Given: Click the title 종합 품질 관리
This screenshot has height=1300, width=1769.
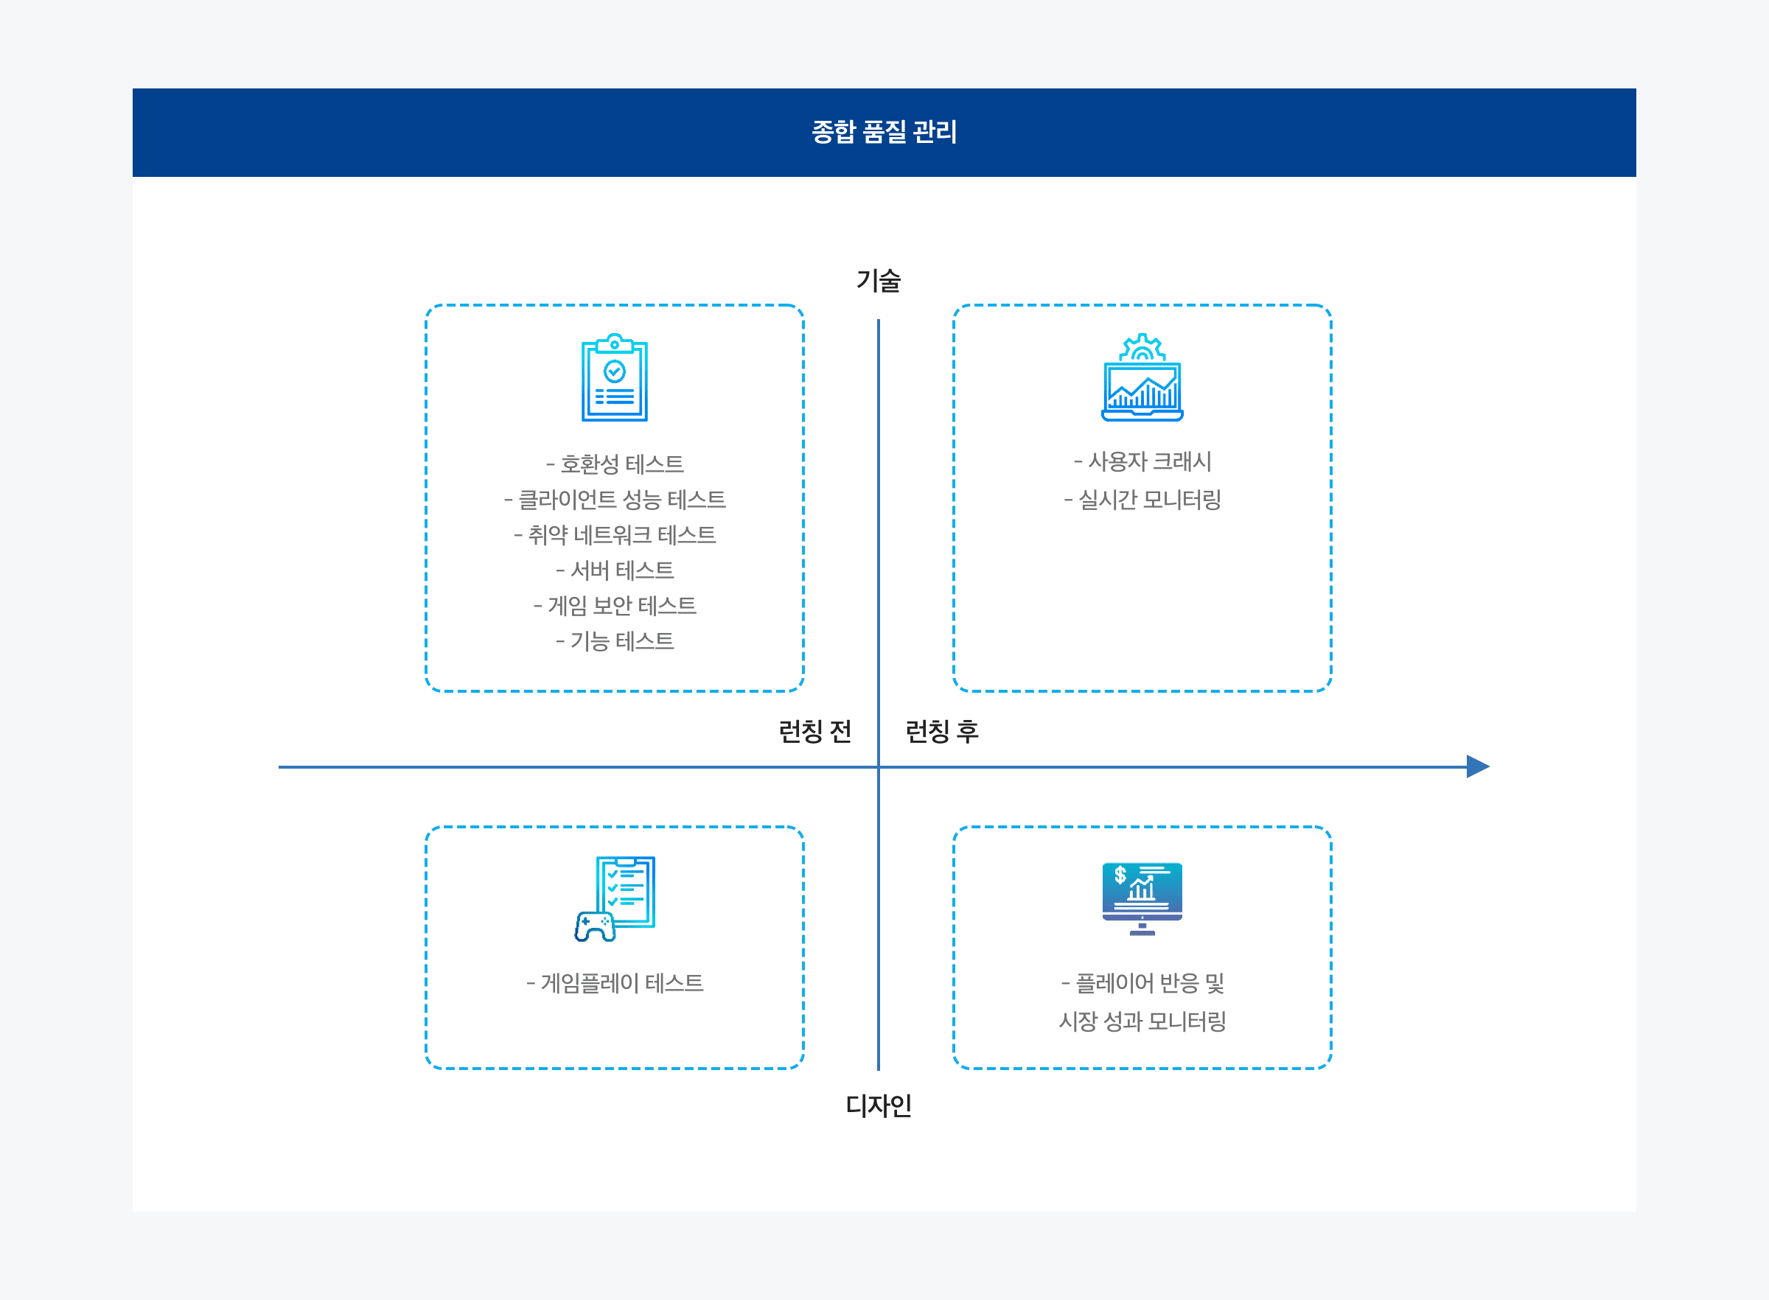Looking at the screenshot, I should (884, 131).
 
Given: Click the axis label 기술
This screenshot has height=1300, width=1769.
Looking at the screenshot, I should (878, 280).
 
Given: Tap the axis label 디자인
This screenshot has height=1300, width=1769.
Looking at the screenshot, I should (878, 1105).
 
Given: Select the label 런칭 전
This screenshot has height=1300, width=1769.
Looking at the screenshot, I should (814, 731).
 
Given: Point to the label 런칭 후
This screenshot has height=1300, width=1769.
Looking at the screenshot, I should (942, 731).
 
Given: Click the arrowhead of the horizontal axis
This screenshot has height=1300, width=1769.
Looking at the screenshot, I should (1477, 766).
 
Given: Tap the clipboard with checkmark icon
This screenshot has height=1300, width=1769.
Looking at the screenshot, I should (615, 378).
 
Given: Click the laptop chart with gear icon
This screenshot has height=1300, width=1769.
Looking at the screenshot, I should (1142, 378).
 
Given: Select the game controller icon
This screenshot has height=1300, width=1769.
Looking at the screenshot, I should (595, 926).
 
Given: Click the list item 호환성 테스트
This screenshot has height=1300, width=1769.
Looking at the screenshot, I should (615, 464).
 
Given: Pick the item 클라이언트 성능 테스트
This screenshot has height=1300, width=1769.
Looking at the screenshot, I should (615, 500).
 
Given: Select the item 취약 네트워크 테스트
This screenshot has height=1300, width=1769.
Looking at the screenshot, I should (615, 535).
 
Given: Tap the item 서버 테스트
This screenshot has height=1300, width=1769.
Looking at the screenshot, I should (615, 570).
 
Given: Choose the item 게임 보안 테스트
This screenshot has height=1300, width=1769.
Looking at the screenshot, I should (615, 606).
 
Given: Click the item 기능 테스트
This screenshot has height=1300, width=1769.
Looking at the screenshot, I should (615, 641).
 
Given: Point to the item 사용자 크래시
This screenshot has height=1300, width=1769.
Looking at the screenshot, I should (1142, 461).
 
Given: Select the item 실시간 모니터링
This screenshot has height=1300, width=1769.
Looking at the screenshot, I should (1142, 500).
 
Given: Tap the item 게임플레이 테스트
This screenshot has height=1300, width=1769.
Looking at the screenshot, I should (615, 983).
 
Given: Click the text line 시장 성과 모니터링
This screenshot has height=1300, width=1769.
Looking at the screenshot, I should (1142, 1021).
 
